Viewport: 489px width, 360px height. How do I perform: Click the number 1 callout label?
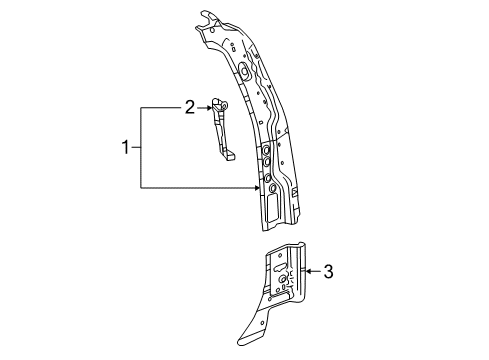click(126, 147)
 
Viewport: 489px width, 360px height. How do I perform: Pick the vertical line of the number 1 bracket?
click(141, 147)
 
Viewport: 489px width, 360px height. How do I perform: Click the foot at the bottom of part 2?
click(229, 155)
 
